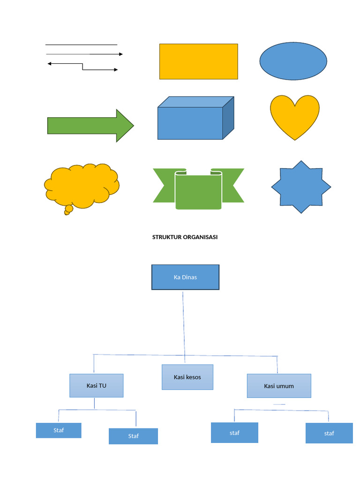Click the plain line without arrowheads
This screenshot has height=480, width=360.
81,45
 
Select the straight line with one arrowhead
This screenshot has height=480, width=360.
84,54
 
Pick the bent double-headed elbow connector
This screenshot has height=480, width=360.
83,67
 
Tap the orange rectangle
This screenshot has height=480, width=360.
198,61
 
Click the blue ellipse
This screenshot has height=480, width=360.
293,61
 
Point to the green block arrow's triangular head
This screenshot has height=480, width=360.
124,126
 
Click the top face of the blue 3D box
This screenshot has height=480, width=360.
195,102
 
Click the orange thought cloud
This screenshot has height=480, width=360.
81,185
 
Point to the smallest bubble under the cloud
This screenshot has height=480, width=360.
66,213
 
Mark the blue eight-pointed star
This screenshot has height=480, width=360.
301,187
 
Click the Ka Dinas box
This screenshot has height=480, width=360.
185,277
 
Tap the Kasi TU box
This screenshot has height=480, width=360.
97,386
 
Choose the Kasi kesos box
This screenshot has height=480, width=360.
187,377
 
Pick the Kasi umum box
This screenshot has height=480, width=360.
279,386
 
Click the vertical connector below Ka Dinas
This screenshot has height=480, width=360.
183,323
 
